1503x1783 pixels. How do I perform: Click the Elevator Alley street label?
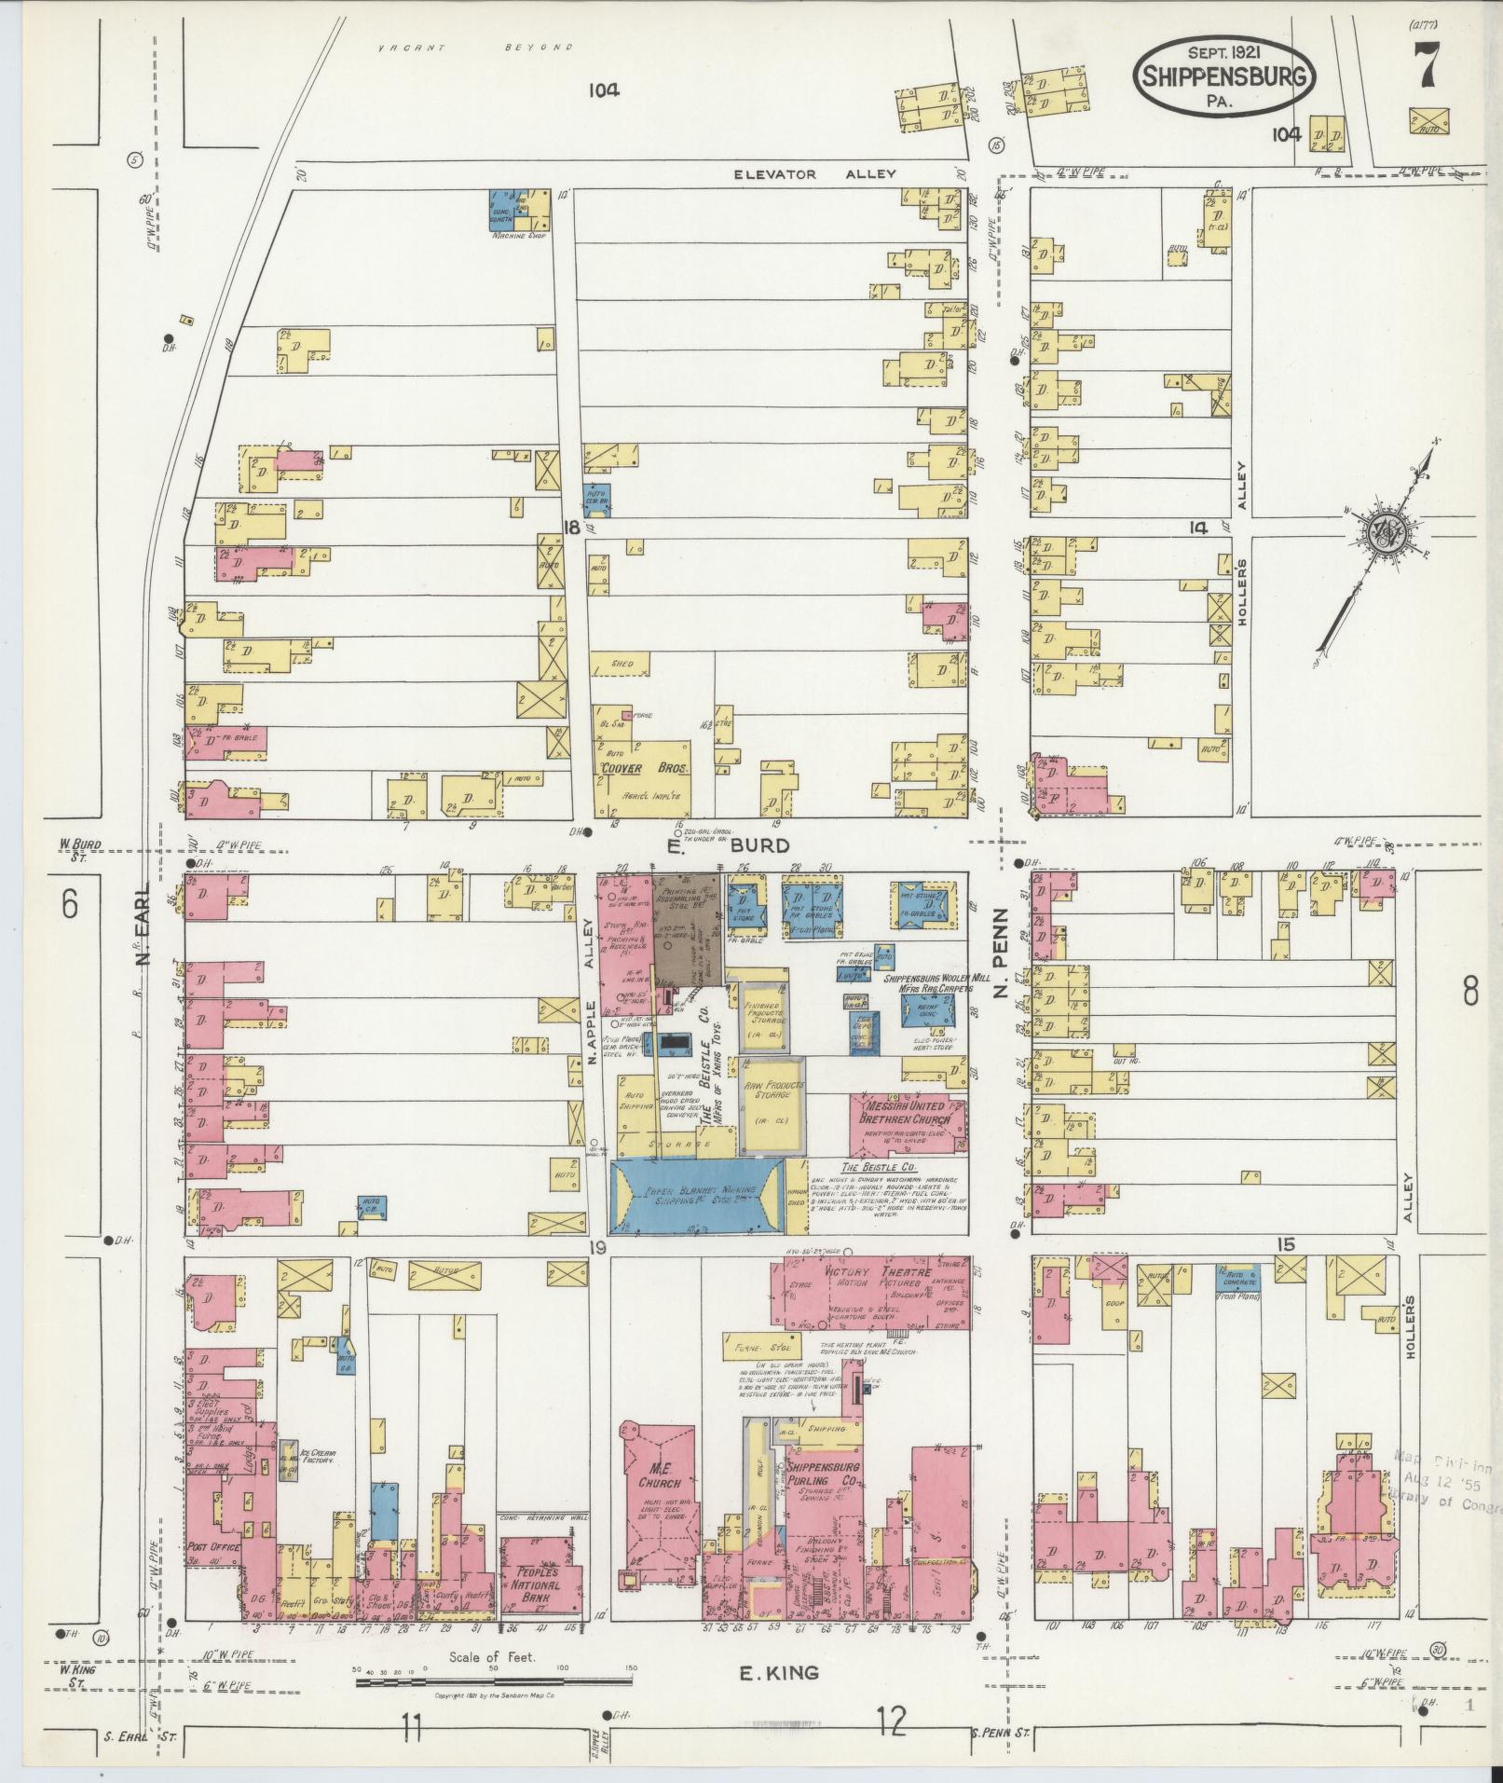click(813, 173)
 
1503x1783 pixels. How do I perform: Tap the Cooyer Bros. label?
click(645, 769)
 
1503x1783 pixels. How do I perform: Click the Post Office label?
click(213, 1546)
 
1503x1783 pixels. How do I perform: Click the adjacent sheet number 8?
click(1469, 991)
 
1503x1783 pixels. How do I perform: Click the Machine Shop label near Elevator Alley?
click(518, 237)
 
